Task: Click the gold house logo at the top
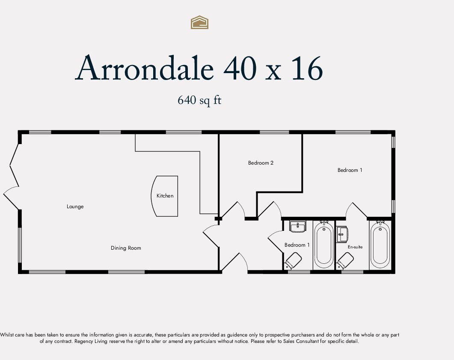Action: coord(199,22)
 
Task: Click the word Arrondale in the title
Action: coord(144,68)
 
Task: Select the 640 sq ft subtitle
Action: coord(199,100)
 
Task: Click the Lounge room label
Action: coord(75,207)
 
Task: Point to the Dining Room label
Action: coord(126,248)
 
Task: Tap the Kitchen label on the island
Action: coord(165,196)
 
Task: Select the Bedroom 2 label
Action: coord(261,163)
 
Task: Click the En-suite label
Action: coord(355,247)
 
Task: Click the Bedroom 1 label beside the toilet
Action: coord(297,245)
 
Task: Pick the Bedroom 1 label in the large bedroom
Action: coord(350,170)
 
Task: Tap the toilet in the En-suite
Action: coord(345,260)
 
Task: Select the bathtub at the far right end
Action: coord(380,245)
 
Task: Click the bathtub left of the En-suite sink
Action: coord(324,245)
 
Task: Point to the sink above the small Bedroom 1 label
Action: coord(297,227)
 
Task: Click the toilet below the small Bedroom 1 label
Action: coord(293,260)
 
